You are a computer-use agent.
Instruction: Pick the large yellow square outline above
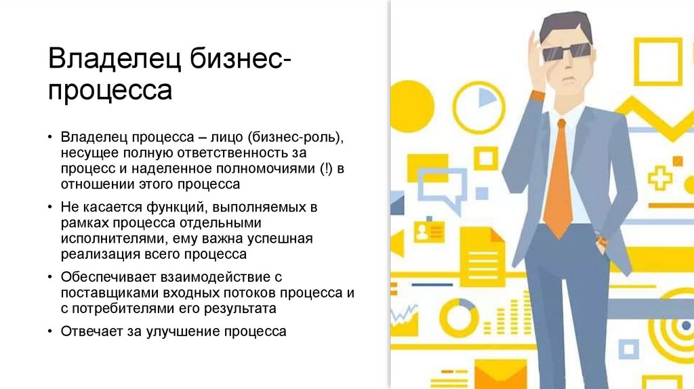[657, 62]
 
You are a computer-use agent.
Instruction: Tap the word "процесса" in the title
[109, 89]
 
